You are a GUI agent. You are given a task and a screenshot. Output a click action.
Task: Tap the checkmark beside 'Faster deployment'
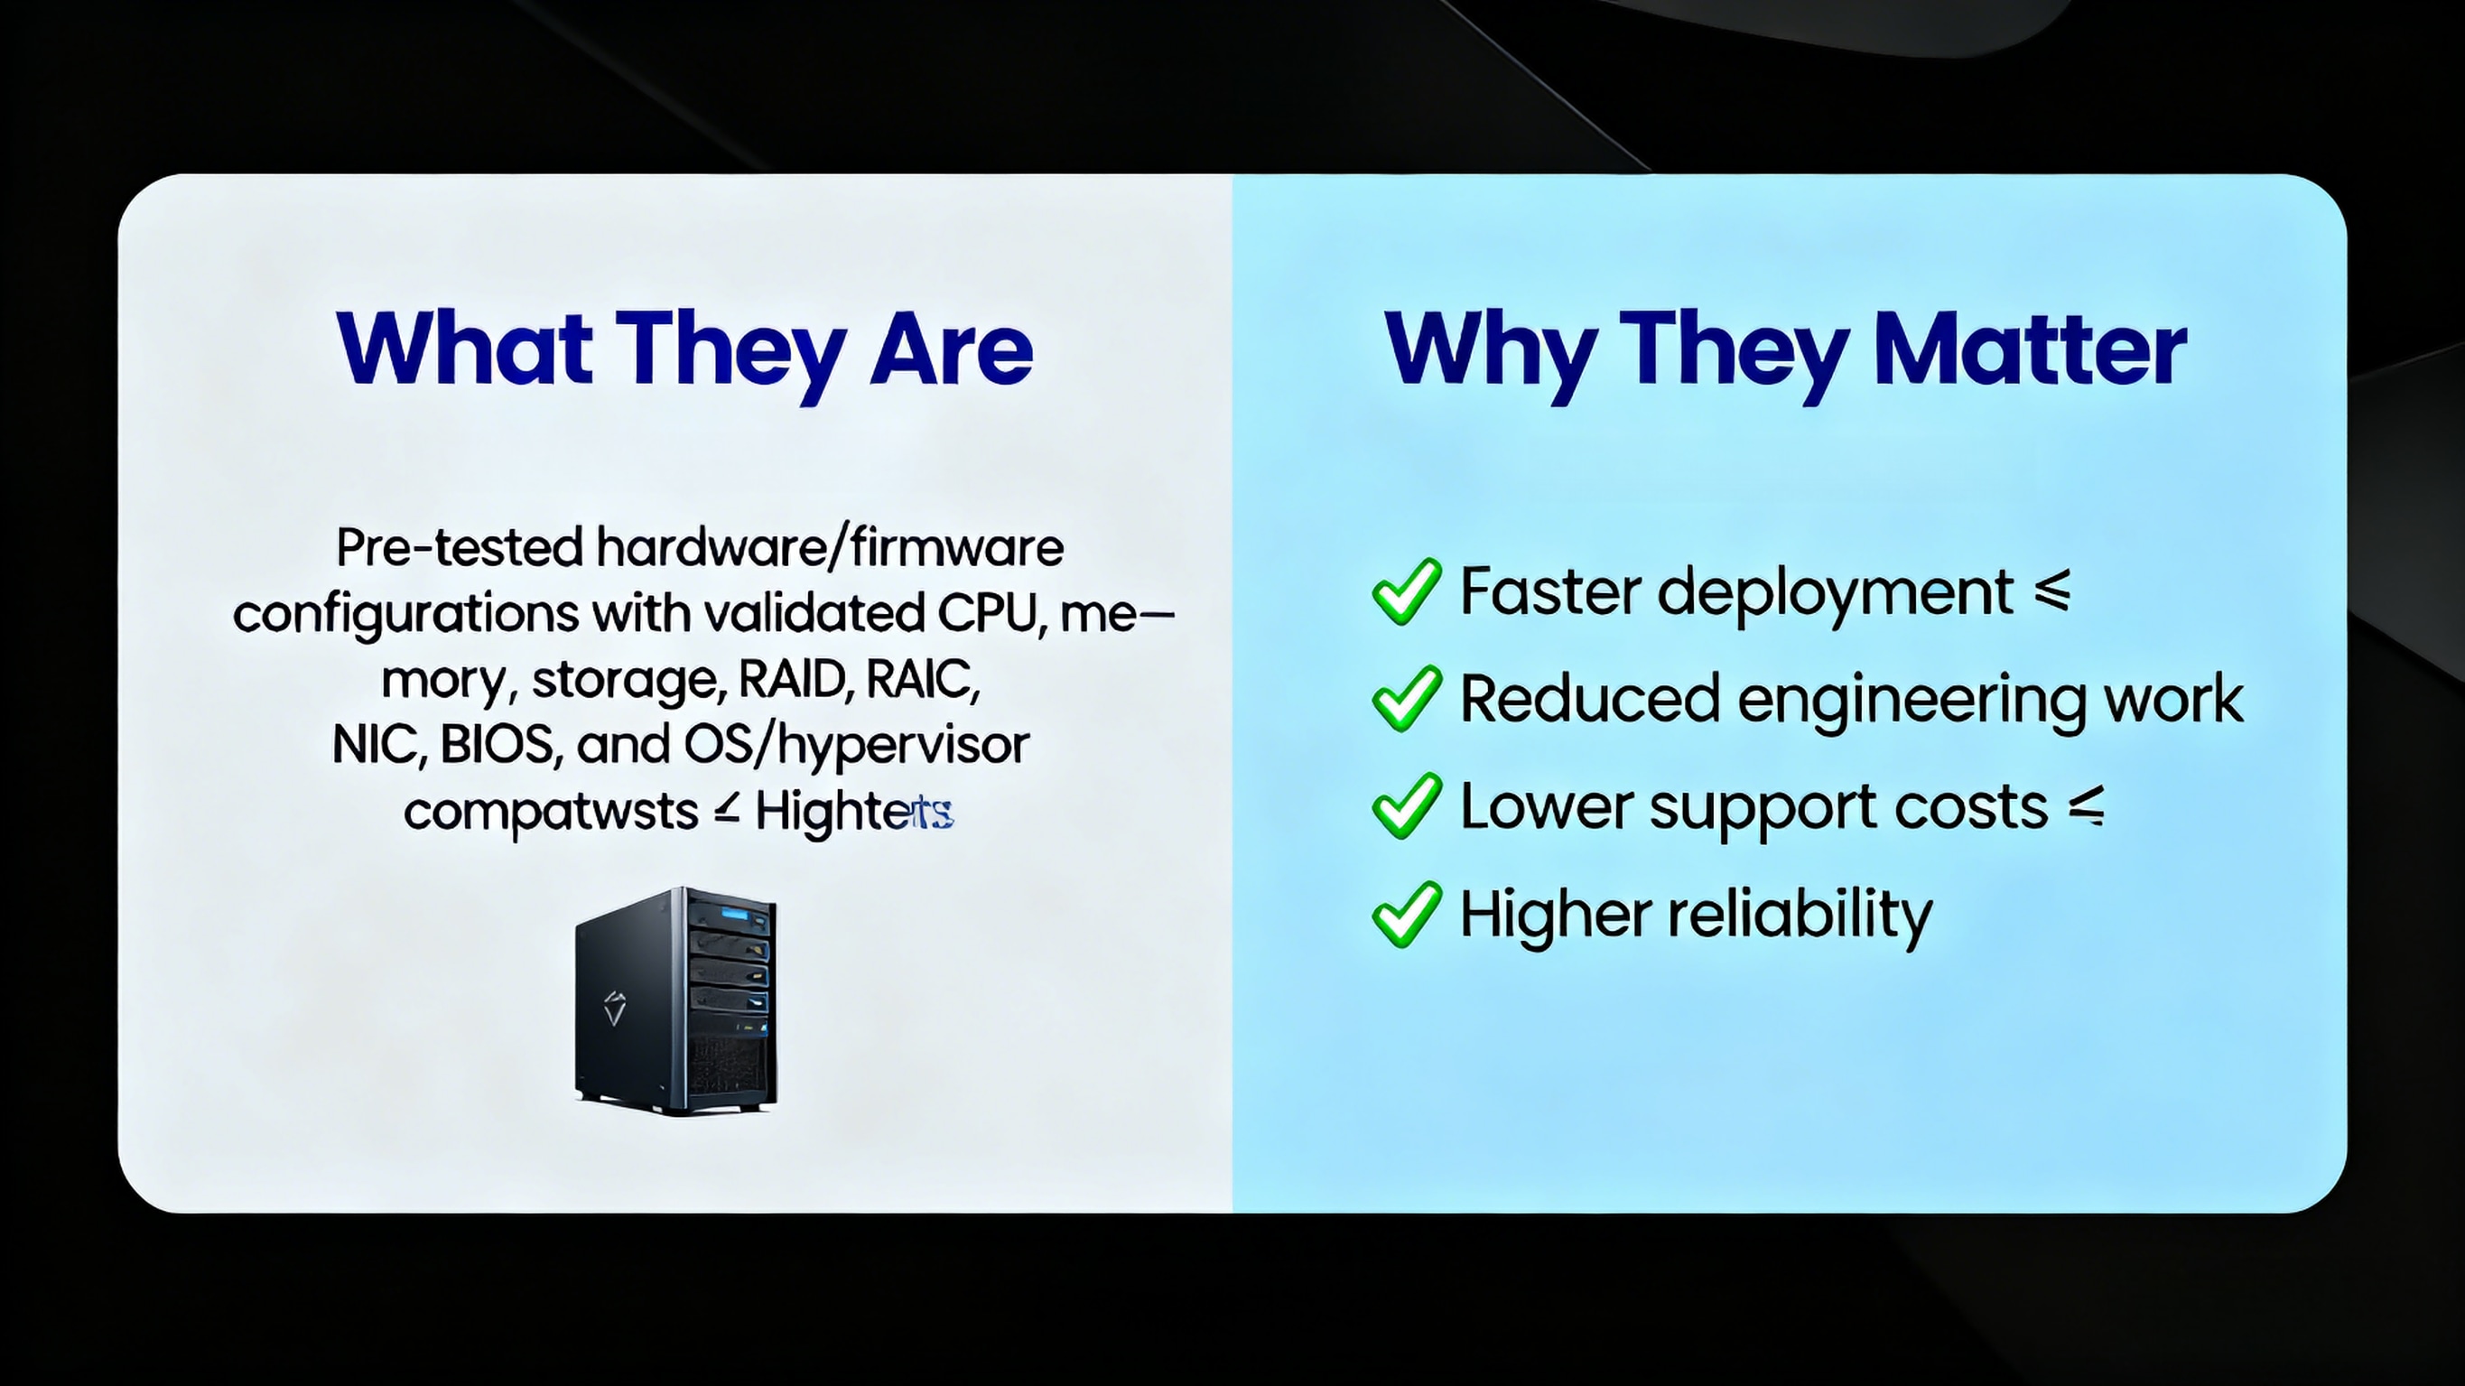1406,591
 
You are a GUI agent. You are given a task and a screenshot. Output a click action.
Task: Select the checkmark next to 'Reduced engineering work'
1406,699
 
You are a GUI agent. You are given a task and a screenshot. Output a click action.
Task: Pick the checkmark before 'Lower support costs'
1406,806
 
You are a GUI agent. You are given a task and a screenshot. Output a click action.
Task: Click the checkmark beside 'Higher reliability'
1406,914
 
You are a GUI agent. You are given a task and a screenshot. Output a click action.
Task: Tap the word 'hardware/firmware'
829,548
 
